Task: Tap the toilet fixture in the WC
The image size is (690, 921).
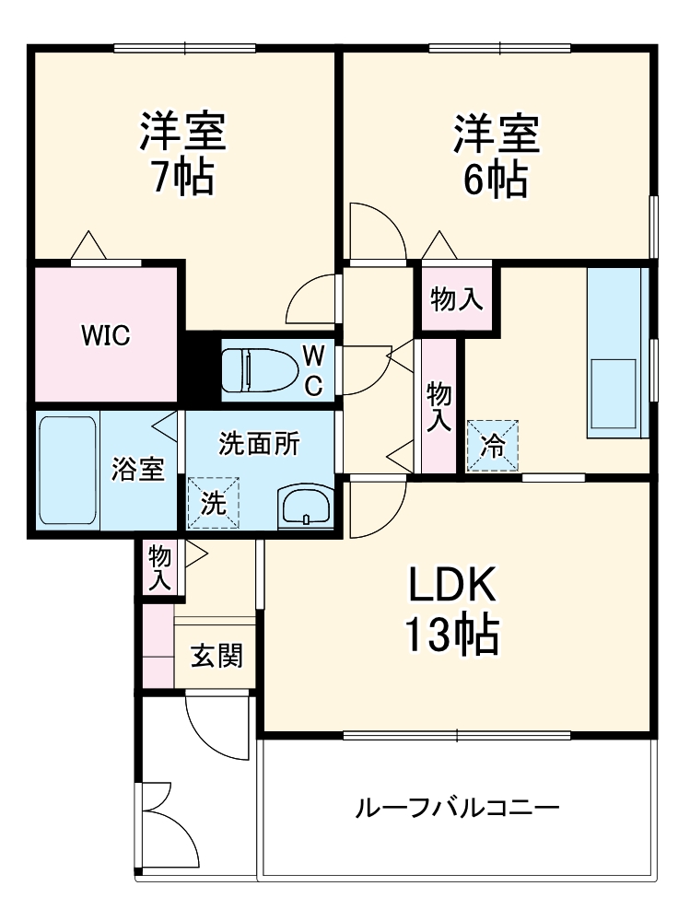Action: [262, 369]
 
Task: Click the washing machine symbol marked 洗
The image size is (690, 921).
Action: [213, 502]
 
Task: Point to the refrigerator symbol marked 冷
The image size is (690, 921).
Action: [493, 447]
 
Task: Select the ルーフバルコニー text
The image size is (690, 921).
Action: [457, 810]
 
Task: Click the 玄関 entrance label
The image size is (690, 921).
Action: [217, 657]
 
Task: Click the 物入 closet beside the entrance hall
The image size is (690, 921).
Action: [160, 567]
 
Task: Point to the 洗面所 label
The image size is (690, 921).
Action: [259, 444]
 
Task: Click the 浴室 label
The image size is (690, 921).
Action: [138, 469]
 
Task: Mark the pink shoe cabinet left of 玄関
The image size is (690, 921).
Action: [158, 644]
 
